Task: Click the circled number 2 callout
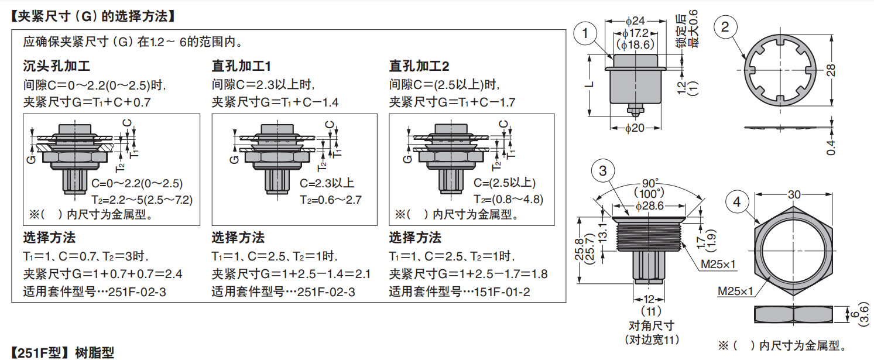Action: point(725,28)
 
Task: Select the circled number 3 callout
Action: point(603,171)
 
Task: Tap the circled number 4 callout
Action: point(737,203)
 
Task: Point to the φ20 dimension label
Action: point(635,129)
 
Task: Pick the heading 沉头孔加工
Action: point(56,66)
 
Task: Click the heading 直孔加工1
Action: point(241,66)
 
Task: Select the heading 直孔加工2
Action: point(419,66)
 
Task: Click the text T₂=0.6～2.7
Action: point(331,200)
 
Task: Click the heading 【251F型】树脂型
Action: point(63,352)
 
